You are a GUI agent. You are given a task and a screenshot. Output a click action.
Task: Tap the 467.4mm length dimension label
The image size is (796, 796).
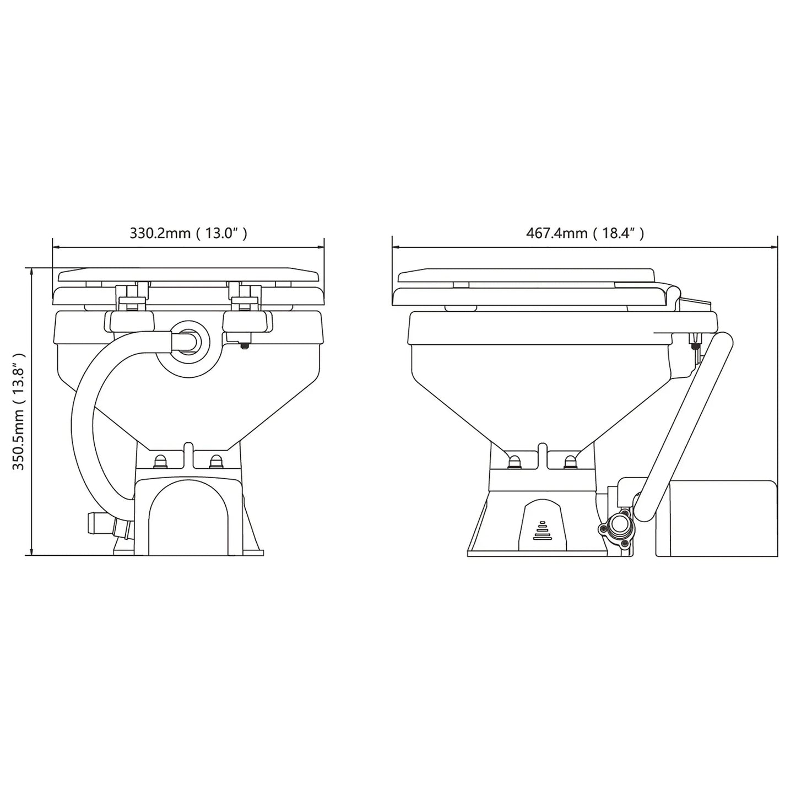(584, 233)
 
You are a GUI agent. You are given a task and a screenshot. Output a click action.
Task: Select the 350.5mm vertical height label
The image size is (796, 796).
(19, 411)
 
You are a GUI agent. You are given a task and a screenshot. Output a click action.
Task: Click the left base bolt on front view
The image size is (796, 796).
(160, 460)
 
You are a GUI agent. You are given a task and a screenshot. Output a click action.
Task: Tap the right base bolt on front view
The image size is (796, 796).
(215, 460)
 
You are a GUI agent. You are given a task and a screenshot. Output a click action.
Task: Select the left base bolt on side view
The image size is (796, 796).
(515, 461)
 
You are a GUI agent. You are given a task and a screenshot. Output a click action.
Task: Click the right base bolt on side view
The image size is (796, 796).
(570, 461)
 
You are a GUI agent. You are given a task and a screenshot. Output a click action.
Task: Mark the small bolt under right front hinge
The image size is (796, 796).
(244, 345)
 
